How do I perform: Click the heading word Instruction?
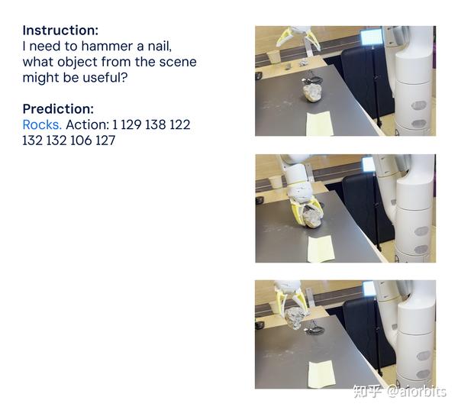[x=60, y=31]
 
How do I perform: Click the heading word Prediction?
[x=58, y=109]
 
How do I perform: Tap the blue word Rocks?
[x=42, y=124]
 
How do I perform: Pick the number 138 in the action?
[x=156, y=124]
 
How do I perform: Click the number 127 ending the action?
[x=105, y=140]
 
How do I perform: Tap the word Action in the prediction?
[x=87, y=124]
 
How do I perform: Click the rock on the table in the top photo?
[x=312, y=92]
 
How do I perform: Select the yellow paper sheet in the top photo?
[x=320, y=123]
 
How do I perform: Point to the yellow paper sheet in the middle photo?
[x=321, y=249]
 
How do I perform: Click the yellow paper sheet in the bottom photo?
[x=321, y=375]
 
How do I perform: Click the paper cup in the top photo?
[x=274, y=56]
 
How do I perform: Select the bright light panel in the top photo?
[x=371, y=37]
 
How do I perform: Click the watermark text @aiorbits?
[x=417, y=392]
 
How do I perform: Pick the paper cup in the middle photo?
[x=276, y=182]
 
